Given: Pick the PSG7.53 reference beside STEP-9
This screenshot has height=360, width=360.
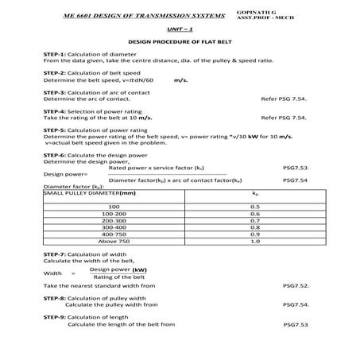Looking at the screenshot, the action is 295,324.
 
